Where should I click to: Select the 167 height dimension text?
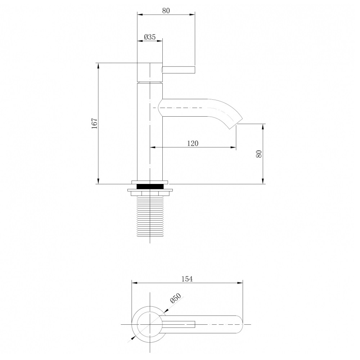pyautogui.click(x=95, y=123)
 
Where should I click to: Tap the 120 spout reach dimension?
pyautogui.click(x=193, y=143)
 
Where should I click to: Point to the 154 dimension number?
pyautogui.click(x=187, y=279)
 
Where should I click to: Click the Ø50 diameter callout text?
pyautogui.click(x=176, y=298)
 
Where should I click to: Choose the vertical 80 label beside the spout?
pyautogui.click(x=259, y=154)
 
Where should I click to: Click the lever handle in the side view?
pyautogui.click(x=179, y=70)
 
